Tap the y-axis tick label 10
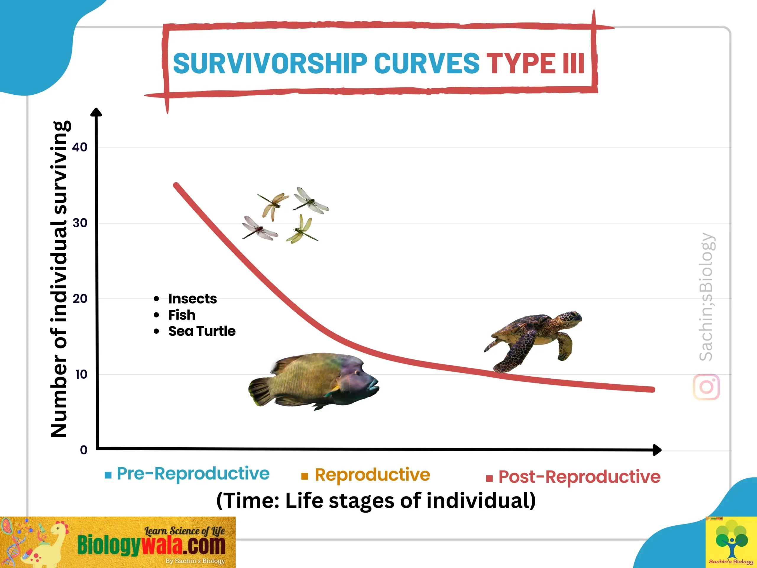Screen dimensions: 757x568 (x=81, y=374)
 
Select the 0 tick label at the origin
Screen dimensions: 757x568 (x=83, y=450)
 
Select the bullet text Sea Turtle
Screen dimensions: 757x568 (x=202, y=331)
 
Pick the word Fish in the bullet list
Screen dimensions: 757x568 (x=182, y=315)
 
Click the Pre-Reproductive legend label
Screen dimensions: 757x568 (x=193, y=474)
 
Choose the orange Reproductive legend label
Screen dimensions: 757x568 (x=372, y=475)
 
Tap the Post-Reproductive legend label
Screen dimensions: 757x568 (x=579, y=477)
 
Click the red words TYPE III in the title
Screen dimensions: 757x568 (x=536, y=63)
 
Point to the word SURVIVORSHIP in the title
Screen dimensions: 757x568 (x=270, y=63)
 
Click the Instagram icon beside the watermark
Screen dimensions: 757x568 (x=706, y=387)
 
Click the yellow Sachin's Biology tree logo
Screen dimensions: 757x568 (x=731, y=542)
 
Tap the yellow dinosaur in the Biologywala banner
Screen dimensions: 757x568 (x=48, y=544)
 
